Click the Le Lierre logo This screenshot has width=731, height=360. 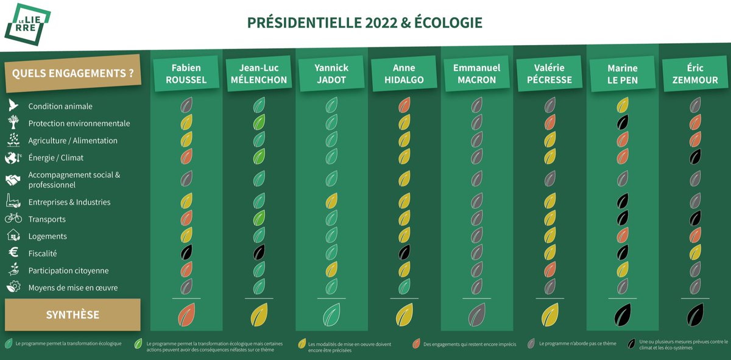click(27, 24)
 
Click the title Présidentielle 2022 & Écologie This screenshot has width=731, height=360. click(364, 23)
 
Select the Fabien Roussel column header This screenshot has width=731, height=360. click(186, 74)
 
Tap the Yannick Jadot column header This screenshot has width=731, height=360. click(331, 74)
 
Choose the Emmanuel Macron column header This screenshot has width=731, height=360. click(476, 74)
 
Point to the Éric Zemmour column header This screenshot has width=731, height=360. click(694, 74)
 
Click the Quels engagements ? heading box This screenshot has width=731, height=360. click(72, 74)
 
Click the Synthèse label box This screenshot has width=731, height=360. click(72, 315)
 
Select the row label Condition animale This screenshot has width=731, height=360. click(60, 107)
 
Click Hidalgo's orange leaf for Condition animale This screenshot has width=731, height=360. click(404, 105)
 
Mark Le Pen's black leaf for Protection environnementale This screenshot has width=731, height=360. click(622, 122)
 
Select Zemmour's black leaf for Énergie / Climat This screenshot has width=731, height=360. click(694, 157)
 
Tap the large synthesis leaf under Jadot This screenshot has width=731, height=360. click(331, 316)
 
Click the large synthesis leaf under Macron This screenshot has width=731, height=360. click(476, 316)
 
